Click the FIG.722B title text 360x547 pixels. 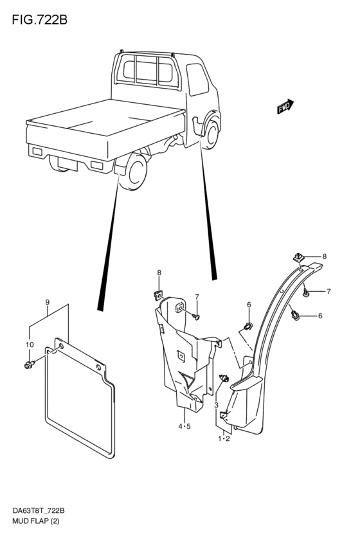[x=39, y=20]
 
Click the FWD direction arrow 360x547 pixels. [x=285, y=107]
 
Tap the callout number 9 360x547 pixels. [x=48, y=301]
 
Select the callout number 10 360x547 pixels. [x=30, y=345]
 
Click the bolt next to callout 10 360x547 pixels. [x=29, y=365]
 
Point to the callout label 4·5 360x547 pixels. [x=184, y=426]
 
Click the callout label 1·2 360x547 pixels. [x=224, y=438]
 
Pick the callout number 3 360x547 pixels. [x=216, y=405]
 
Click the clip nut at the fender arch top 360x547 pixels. [x=298, y=258]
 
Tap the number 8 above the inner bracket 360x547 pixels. [x=159, y=273]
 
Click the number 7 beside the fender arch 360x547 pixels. [x=328, y=292]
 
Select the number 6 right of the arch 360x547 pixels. [x=320, y=316]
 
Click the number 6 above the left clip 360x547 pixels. [x=249, y=305]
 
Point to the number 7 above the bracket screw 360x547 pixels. [x=197, y=297]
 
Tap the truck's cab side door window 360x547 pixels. [x=197, y=79]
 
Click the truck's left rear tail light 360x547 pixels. [x=37, y=152]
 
